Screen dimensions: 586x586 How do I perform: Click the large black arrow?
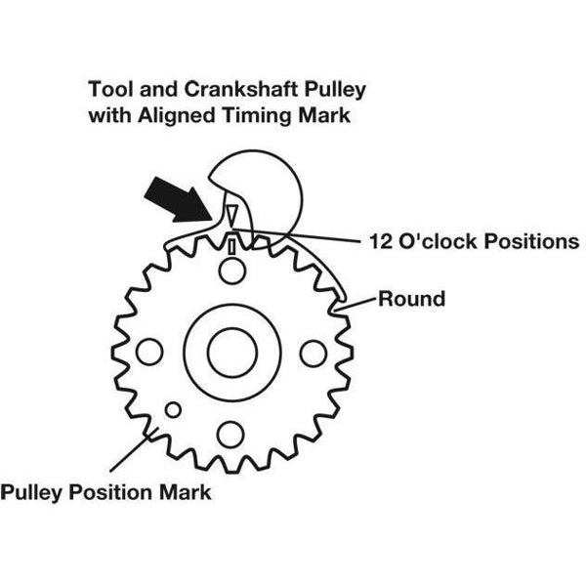point(179,200)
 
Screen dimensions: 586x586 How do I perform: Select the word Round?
point(412,299)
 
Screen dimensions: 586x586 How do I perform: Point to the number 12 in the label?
point(381,241)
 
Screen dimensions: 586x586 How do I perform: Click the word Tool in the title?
point(111,89)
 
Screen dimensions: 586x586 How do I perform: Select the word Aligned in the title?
point(177,115)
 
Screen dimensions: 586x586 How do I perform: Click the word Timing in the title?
point(257,115)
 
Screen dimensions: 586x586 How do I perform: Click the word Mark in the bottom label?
point(186,492)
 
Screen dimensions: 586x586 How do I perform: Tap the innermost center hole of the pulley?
point(232,353)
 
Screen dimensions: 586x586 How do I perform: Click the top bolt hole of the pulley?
point(232,271)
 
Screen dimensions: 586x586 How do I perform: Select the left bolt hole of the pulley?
point(149,352)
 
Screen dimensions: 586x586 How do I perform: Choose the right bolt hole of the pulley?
point(314,354)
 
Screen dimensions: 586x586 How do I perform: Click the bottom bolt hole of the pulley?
point(230,435)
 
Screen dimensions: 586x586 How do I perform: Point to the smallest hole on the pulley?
point(173,410)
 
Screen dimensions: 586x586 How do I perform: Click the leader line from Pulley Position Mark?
point(134,449)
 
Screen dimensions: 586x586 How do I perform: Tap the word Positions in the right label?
point(532,241)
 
